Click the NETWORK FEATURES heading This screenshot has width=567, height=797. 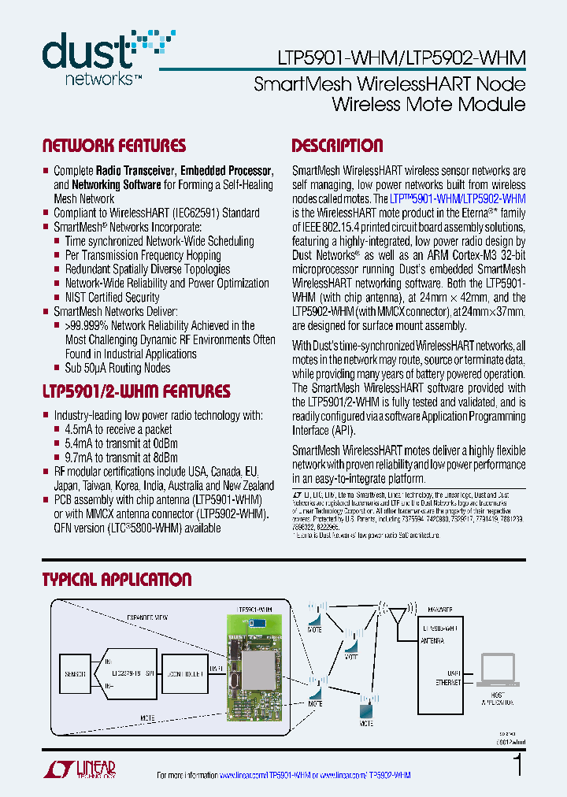point(113,146)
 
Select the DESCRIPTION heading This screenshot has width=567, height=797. point(337,146)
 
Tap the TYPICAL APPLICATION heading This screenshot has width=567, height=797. point(117,580)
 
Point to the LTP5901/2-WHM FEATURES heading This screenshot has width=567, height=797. point(135,391)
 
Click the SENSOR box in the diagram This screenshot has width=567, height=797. point(75,674)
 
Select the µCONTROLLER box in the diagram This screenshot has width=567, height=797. point(185,675)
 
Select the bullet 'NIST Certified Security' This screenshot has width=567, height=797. point(112,297)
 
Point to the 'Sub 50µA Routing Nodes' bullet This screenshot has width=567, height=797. point(117,368)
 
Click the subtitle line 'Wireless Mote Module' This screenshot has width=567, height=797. point(428,105)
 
